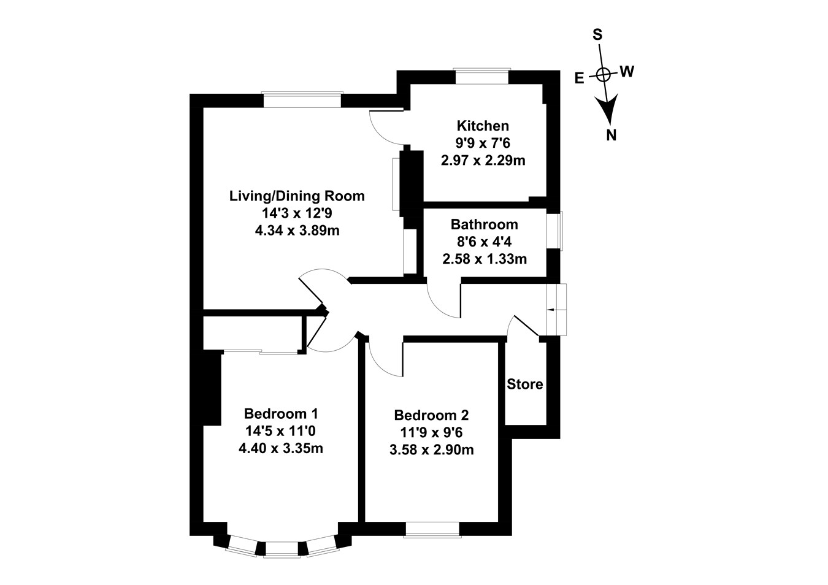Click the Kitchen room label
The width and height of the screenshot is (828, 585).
[483, 126]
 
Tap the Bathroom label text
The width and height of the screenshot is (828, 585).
[484, 224]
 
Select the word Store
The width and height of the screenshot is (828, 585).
[525, 384]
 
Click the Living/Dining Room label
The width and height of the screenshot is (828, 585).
[297, 196]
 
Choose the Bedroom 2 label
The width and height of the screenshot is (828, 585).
[431, 415]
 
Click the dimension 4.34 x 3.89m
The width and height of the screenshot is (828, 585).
[297, 231]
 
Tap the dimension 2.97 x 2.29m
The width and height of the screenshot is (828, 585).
[483, 161]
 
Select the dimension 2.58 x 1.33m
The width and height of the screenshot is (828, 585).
[484, 259]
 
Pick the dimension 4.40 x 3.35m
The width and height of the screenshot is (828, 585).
[281, 448]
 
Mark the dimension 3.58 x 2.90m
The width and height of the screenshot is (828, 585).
[431, 450]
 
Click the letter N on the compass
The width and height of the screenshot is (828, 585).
[611, 136]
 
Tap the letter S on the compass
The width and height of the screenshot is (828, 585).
[596, 35]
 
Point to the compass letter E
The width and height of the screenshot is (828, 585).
[578, 78]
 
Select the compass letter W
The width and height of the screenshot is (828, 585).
[626, 72]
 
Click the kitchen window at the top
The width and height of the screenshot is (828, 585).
[481, 77]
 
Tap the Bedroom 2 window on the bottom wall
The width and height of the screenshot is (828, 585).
[432, 529]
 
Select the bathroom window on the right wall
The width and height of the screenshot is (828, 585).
[556, 231]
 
